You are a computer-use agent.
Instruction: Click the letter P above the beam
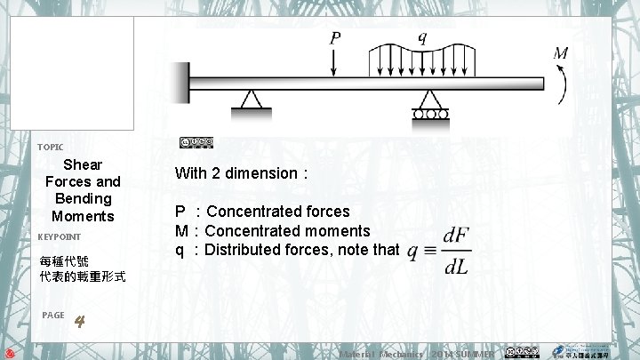click(x=335, y=38)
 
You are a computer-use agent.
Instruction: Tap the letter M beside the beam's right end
click(x=561, y=53)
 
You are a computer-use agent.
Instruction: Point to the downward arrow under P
click(x=335, y=63)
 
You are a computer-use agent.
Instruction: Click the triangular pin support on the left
click(x=252, y=100)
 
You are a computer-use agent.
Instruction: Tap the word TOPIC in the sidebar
click(x=50, y=147)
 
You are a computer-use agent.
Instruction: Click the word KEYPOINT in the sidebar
click(x=60, y=237)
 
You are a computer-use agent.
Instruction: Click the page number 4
click(x=79, y=321)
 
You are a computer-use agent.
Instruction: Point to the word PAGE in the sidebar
click(x=52, y=315)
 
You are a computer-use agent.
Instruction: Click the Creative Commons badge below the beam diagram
click(x=196, y=142)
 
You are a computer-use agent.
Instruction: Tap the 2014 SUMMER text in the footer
click(x=463, y=354)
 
